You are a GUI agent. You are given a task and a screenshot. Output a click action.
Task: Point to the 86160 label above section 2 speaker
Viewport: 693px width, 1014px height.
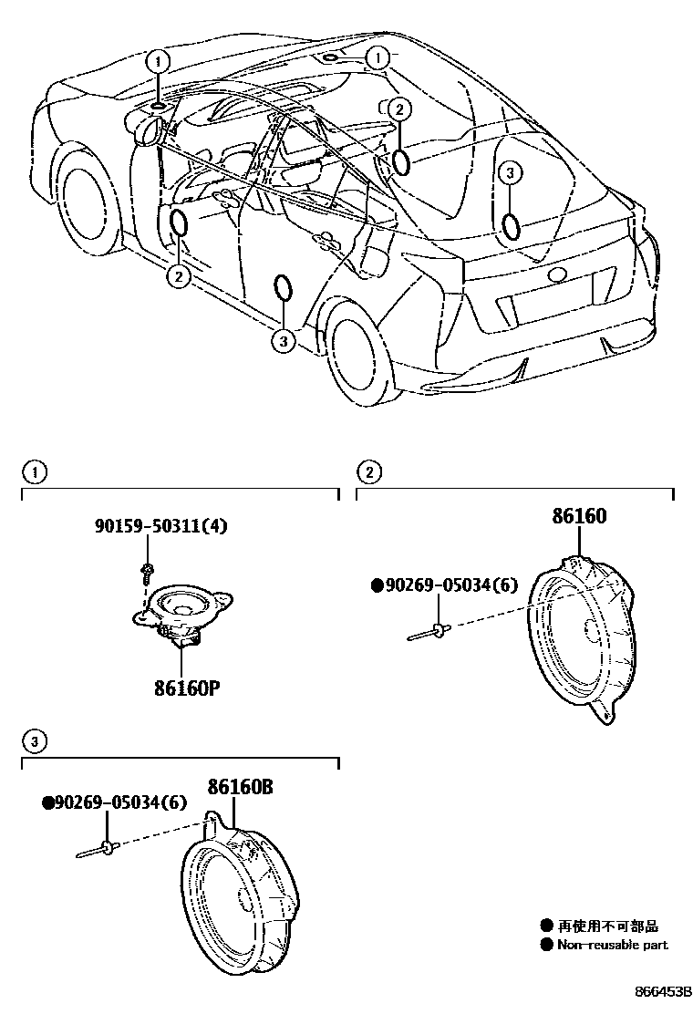point(578,516)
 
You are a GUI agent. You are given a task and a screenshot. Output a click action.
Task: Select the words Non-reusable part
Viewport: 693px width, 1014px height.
point(612,945)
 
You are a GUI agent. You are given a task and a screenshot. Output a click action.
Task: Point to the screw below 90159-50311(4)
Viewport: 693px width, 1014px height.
point(146,572)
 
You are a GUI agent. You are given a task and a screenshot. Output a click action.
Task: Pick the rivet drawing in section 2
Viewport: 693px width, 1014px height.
point(428,631)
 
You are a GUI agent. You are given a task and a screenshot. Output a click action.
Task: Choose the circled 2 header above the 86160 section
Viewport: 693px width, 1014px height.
point(369,471)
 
